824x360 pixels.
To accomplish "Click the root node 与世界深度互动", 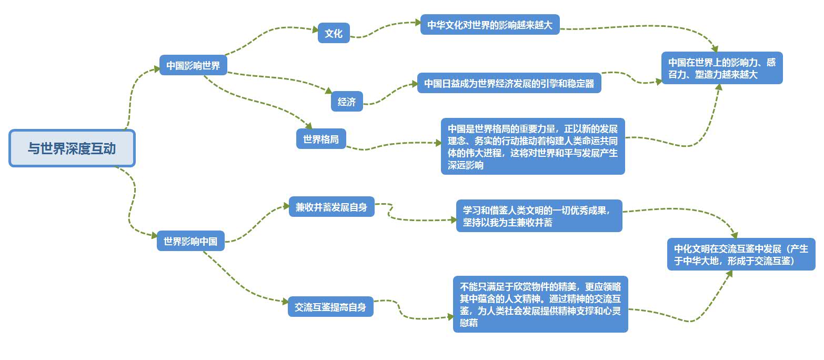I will [x=72, y=148].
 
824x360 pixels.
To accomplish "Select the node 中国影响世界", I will [x=193, y=66].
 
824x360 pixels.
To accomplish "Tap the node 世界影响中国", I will [x=190, y=242].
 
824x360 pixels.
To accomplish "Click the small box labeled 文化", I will [x=334, y=34].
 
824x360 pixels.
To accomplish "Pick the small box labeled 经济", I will [x=347, y=102].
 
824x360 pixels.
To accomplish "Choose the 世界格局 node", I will [x=321, y=139].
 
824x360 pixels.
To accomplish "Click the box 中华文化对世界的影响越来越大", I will [x=490, y=25].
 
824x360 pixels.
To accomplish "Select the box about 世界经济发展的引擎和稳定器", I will [x=509, y=83].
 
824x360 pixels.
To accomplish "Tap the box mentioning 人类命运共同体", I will [x=532, y=146].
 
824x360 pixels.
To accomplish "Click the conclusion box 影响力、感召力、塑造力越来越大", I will [x=722, y=68].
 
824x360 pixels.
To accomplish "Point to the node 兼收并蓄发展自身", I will [x=331, y=206].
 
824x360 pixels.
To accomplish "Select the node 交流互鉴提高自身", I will [x=330, y=307].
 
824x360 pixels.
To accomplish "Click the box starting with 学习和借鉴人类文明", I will [x=539, y=216].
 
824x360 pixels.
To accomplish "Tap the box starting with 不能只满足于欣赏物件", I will [x=540, y=304].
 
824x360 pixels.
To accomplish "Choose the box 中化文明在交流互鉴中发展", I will [x=741, y=255].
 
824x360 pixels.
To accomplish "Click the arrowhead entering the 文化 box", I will [x=315, y=29].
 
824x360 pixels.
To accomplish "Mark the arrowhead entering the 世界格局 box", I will [x=309, y=126].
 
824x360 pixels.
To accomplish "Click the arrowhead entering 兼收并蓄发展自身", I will [x=286, y=206].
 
